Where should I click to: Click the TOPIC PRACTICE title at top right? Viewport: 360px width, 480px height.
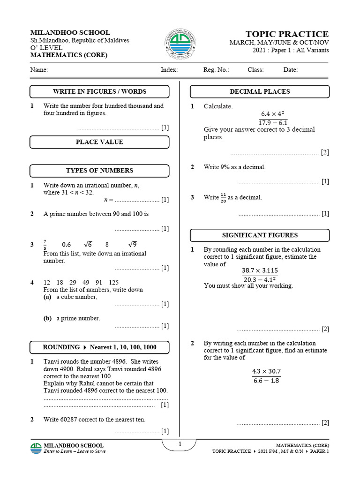(x=287, y=34)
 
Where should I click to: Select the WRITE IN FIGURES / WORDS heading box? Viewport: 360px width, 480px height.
(x=99, y=91)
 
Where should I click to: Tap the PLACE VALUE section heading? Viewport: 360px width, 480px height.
(x=99, y=142)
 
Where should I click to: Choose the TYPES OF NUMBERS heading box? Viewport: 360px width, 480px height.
(x=99, y=171)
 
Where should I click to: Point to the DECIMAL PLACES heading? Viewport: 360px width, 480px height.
(x=259, y=91)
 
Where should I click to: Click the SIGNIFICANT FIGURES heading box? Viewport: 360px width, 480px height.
(x=259, y=235)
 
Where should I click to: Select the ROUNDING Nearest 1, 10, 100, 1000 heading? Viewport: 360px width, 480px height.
(x=99, y=347)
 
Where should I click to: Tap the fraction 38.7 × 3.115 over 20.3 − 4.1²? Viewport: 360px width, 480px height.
(x=266, y=275)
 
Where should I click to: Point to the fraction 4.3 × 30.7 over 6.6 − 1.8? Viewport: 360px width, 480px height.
(x=266, y=376)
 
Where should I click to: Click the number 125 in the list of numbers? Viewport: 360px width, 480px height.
(x=113, y=283)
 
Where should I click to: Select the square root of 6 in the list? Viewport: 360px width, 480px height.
(x=88, y=244)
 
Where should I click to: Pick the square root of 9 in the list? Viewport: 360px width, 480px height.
(x=133, y=244)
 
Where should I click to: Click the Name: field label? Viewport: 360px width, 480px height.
(x=39, y=70)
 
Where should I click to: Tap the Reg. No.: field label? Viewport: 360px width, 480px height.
(x=216, y=70)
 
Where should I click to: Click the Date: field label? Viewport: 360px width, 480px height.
(x=290, y=70)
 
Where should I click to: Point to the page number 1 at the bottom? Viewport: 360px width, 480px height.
(x=180, y=444)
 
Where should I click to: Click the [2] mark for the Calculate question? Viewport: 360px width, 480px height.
(x=325, y=152)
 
